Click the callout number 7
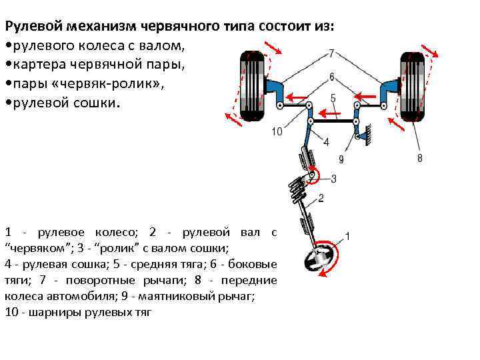331,53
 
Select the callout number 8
419,158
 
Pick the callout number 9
341,159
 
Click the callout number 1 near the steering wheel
347,235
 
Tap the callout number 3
333,179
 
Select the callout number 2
321,198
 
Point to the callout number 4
325,142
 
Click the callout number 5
333,98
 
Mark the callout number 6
332,77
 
